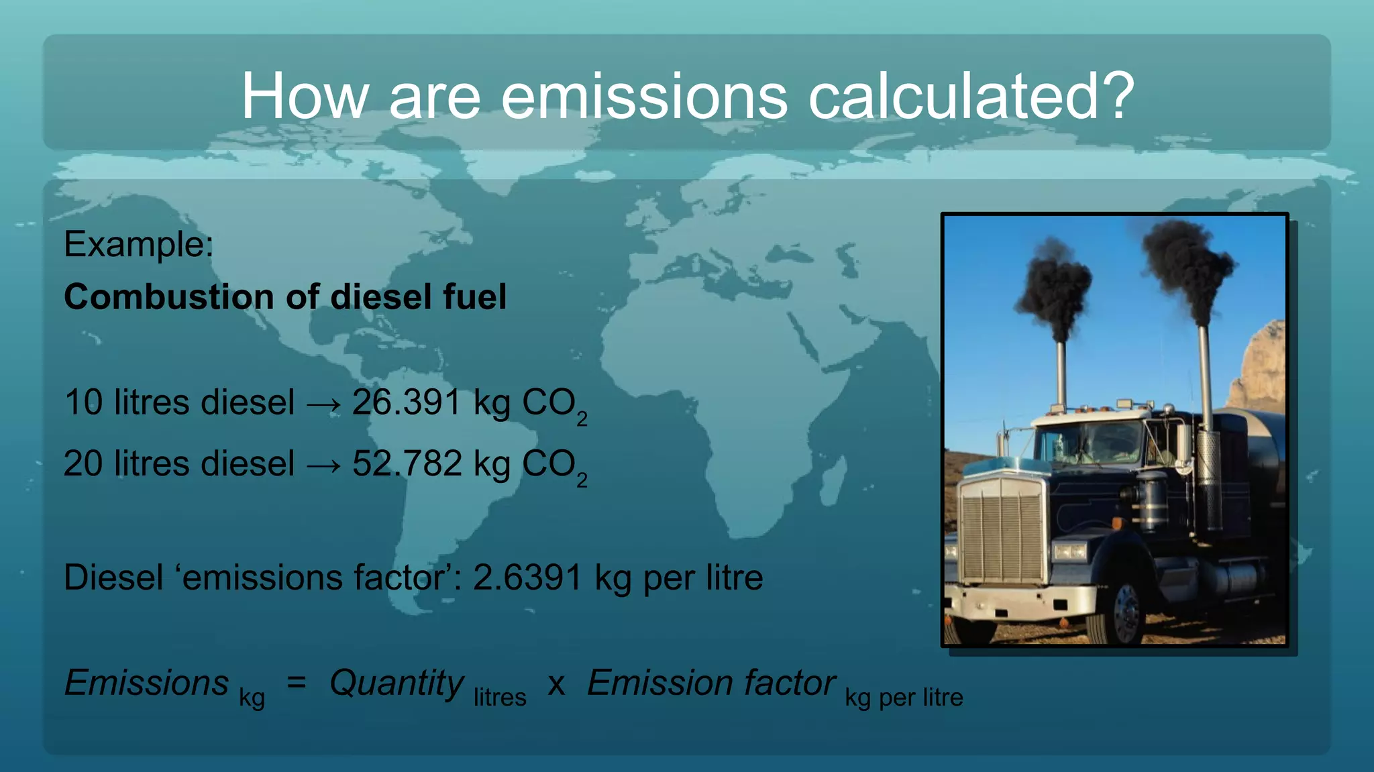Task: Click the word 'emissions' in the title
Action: pyautogui.click(x=643, y=97)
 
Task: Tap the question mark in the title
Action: pyautogui.click(x=1114, y=97)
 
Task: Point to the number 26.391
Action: pyautogui.click(x=407, y=402)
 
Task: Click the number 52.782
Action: pyautogui.click(x=407, y=463)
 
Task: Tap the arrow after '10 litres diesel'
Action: pyautogui.click(x=323, y=404)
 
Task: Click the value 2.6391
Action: pyautogui.click(x=527, y=577)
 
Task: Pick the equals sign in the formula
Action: pyautogui.click(x=296, y=683)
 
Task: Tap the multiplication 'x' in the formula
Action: pyautogui.click(x=556, y=685)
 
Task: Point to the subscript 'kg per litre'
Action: pyautogui.click(x=904, y=698)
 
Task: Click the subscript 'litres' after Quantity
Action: pyautogui.click(x=500, y=698)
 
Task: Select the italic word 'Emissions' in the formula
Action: pyautogui.click(x=146, y=683)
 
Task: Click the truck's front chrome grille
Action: pyautogui.click(x=1002, y=530)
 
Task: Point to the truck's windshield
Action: pyautogui.click(x=1090, y=443)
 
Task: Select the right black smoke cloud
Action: pyautogui.click(x=1186, y=265)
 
